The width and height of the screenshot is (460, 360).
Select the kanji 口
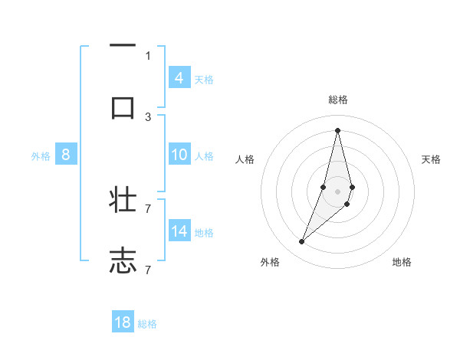(123, 107)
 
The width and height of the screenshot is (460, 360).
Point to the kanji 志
(123, 260)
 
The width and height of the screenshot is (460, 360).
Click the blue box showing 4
(179, 77)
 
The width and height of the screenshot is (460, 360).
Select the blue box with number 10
(179, 155)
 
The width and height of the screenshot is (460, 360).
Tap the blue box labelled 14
(179, 231)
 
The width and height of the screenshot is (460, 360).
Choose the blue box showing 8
(66, 155)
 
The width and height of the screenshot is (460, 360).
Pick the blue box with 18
(123, 322)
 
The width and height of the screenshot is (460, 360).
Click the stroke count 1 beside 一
(148, 55)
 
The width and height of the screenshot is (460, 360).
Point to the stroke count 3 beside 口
(148, 116)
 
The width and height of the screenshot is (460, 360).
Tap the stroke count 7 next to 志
(148, 270)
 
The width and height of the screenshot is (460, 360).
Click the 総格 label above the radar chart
(338, 100)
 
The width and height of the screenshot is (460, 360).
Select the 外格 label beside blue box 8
(41, 155)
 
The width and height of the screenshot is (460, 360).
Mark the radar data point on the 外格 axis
(301, 242)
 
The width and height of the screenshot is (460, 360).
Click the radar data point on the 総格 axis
(338, 129)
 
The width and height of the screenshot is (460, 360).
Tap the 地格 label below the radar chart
(402, 262)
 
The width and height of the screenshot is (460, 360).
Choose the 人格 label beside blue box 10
(204, 155)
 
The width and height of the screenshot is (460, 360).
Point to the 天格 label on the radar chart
(431, 159)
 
